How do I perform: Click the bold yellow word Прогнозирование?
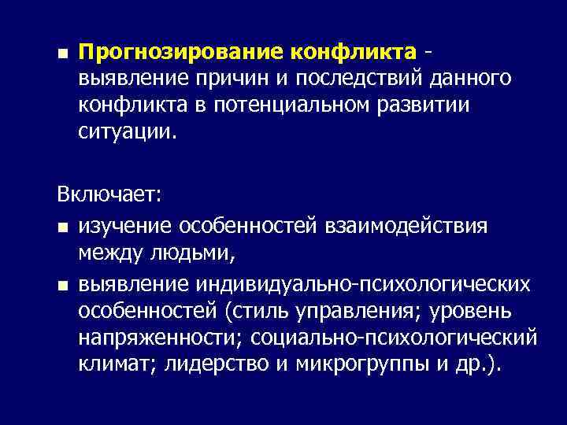[182, 53]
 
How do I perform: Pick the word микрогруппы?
[351, 365]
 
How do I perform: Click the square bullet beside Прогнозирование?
[61, 54]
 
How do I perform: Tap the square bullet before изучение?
[61, 228]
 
